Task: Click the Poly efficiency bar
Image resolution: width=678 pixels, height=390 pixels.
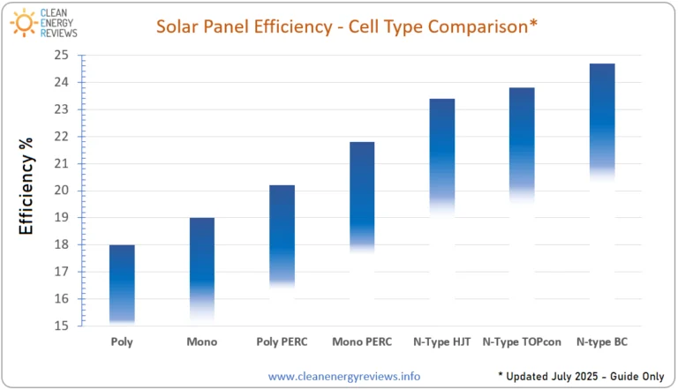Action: pos(122,284)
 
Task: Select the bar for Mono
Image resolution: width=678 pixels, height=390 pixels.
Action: pos(202,268)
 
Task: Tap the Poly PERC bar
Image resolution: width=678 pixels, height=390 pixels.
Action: pos(282,236)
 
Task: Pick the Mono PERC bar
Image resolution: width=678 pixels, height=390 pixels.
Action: pos(362,197)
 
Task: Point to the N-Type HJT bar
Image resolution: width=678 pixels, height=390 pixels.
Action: pos(442,155)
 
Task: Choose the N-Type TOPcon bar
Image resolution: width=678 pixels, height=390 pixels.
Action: pos(522,145)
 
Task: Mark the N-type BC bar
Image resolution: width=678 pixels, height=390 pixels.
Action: pos(602,122)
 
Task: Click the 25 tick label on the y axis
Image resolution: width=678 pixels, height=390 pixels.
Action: pos(62,55)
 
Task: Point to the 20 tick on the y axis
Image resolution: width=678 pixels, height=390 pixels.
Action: pos(62,191)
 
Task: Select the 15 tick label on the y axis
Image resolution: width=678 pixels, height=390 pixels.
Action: pos(62,326)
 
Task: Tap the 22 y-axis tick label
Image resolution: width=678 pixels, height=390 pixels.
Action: pos(62,136)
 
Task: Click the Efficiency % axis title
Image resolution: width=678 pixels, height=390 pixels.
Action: pos(26,186)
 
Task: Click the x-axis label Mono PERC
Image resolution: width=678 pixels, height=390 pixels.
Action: pos(362,342)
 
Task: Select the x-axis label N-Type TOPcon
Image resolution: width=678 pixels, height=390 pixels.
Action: pos(522,342)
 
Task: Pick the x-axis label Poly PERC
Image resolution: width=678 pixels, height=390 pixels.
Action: pos(282,342)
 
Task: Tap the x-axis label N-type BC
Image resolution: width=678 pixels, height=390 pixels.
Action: pos(602,342)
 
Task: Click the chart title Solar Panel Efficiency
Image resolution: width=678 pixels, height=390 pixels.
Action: pos(245,26)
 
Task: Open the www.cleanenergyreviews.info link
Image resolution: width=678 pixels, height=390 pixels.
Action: pos(344,376)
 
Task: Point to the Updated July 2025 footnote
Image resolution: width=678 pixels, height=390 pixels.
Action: pos(582,376)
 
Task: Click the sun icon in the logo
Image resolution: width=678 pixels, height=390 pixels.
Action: pos(24,22)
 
